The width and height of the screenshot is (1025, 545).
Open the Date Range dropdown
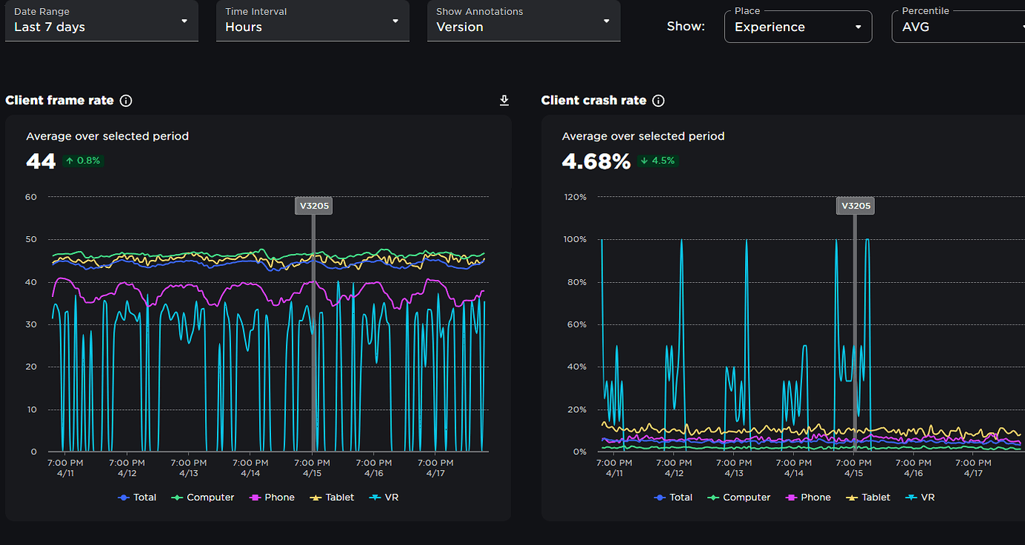102,21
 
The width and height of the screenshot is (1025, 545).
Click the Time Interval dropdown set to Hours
313,21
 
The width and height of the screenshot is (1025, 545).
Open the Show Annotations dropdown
524,21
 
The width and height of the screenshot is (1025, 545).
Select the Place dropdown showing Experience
798,27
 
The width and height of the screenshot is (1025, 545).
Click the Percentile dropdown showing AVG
959,27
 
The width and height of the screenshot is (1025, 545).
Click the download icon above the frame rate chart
504,100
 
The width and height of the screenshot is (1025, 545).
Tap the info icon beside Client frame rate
126,101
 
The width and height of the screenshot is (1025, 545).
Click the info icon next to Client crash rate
658,101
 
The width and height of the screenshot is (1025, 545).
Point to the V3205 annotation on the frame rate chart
314,206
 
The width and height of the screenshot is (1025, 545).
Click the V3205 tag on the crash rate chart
856,206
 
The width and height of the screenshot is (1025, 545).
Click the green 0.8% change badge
83,160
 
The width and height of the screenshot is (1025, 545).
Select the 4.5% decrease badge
658,160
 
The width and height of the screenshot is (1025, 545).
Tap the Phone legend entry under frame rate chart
273,497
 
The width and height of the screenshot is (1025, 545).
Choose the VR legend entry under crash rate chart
920,497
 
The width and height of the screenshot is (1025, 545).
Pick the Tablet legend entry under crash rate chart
868,497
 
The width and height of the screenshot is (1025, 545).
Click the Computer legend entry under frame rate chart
203,497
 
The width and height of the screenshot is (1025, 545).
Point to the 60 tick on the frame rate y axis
30,198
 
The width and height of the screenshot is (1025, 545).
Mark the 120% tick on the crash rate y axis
575,198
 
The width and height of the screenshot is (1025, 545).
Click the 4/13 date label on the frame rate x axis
189,473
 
